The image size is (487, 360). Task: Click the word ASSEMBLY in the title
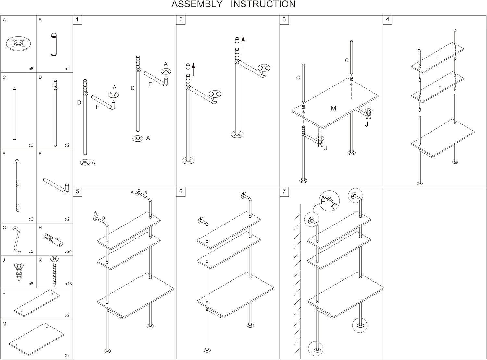pos(197,5)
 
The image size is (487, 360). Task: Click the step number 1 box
pos(77,20)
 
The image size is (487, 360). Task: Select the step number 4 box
pos(387,20)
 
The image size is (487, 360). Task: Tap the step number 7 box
pos(284,191)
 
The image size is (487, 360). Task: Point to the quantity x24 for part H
pos(68,251)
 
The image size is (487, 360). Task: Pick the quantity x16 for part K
pos(68,284)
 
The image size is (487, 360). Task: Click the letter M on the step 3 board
pos(333,108)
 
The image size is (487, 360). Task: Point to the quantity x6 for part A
pos(31,69)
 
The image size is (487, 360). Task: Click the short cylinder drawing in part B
pos(54,45)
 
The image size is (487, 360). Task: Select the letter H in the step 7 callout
pos(323,201)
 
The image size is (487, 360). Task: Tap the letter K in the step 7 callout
pos(332,206)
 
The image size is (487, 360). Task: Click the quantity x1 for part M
pos(67,355)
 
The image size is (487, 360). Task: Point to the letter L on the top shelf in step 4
pos(437,57)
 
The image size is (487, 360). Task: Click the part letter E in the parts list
pos(4,154)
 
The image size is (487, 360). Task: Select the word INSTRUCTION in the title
pos(263,5)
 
